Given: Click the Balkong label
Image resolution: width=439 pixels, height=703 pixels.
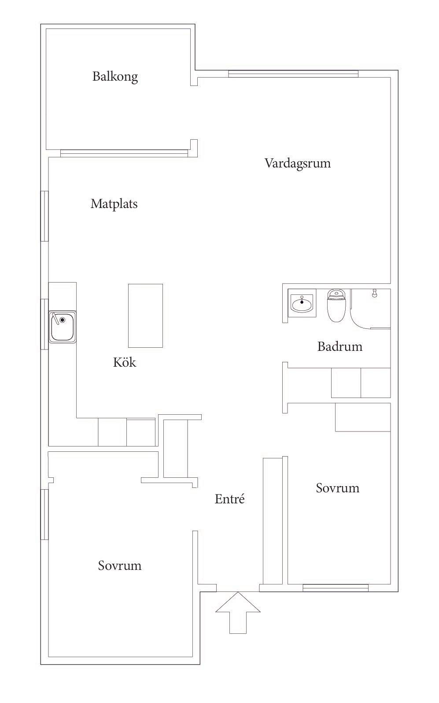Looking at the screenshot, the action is (x=115, y=77).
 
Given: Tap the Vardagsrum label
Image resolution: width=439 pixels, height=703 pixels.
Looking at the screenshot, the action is (x=298, y=164).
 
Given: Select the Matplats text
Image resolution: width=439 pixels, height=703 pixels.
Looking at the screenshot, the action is (x=114, y=204).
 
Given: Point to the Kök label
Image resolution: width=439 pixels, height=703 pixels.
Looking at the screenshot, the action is (x=125, y=362).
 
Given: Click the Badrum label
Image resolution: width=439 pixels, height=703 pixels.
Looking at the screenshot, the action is (x=340, y=346).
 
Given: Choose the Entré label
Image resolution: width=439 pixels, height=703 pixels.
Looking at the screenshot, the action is (x=229, y=498).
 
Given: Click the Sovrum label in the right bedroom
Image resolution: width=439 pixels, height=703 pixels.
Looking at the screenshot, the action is (x=338, y=488).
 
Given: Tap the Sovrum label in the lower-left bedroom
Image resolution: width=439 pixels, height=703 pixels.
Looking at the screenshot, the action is (x=120, y=565).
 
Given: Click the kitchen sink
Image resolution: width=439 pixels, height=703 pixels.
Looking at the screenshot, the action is (x=63, y=327).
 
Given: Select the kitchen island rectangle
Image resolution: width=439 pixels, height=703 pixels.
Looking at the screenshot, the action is (x=145, y=316).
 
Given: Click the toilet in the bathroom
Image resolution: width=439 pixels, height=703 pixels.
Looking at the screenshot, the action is (x=336, y=305).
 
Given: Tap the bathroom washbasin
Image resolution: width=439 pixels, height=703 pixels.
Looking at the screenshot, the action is (x=302, y=304).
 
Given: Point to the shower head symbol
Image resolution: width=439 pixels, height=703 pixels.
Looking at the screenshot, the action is (x=374, y=293).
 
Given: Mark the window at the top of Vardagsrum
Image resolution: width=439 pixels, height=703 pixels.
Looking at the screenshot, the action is (x=293, y=74).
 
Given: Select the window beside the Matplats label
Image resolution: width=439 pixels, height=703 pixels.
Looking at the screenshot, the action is (x=44, y=216).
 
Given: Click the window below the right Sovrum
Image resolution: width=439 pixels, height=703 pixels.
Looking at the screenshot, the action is (x=336, y=588).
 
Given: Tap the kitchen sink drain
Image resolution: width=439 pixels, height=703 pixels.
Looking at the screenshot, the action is (x=63, y=320).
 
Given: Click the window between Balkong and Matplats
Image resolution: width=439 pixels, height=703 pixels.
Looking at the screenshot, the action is (x=124, y=153).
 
